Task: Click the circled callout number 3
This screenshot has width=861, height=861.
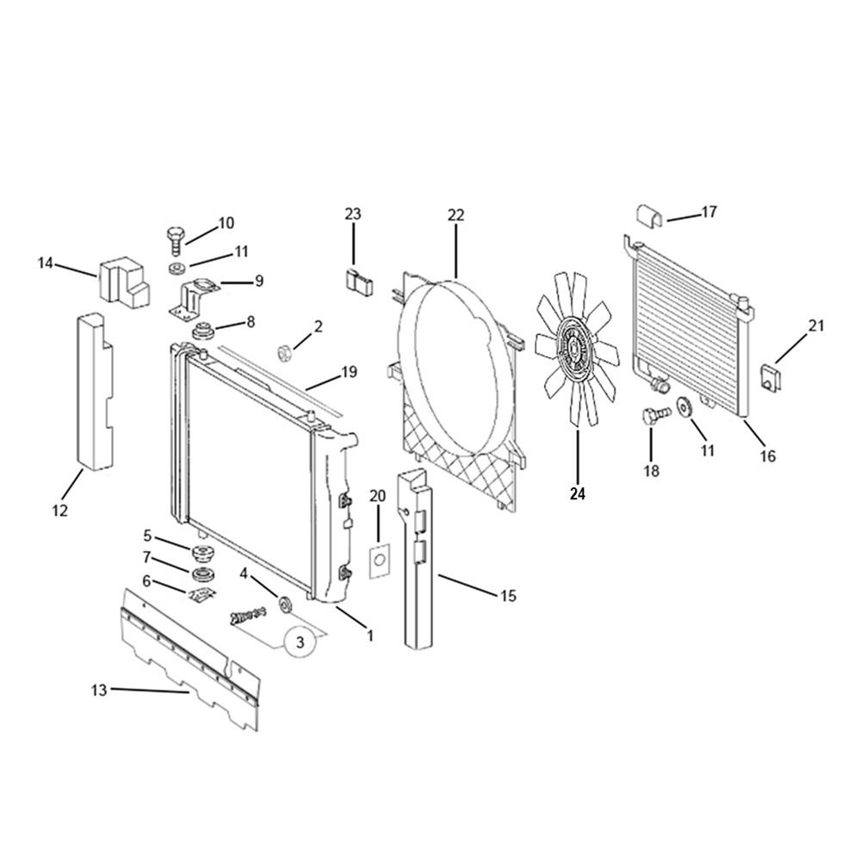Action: click(300, 641)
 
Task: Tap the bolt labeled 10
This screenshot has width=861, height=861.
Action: click(175, 240)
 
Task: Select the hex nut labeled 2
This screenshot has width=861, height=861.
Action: click(285, 353)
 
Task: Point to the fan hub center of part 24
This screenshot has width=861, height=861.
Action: click(573, 350)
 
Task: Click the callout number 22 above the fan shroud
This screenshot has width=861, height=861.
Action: click(455, 214)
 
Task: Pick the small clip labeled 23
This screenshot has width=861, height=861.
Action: click(358, 282)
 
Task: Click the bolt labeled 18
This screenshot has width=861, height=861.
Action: click(655, 415)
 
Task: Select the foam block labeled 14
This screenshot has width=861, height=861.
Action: click(123, 280)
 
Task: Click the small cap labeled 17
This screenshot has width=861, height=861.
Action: click(649, 215)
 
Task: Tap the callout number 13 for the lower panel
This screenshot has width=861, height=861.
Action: click(99, 690)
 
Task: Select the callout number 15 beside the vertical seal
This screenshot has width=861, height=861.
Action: click(509, 595)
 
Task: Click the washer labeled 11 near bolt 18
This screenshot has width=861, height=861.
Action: click(684, 407)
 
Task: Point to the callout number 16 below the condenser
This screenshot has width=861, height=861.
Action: click(768, 455)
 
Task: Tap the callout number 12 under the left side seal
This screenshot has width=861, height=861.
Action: click(60, 510)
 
